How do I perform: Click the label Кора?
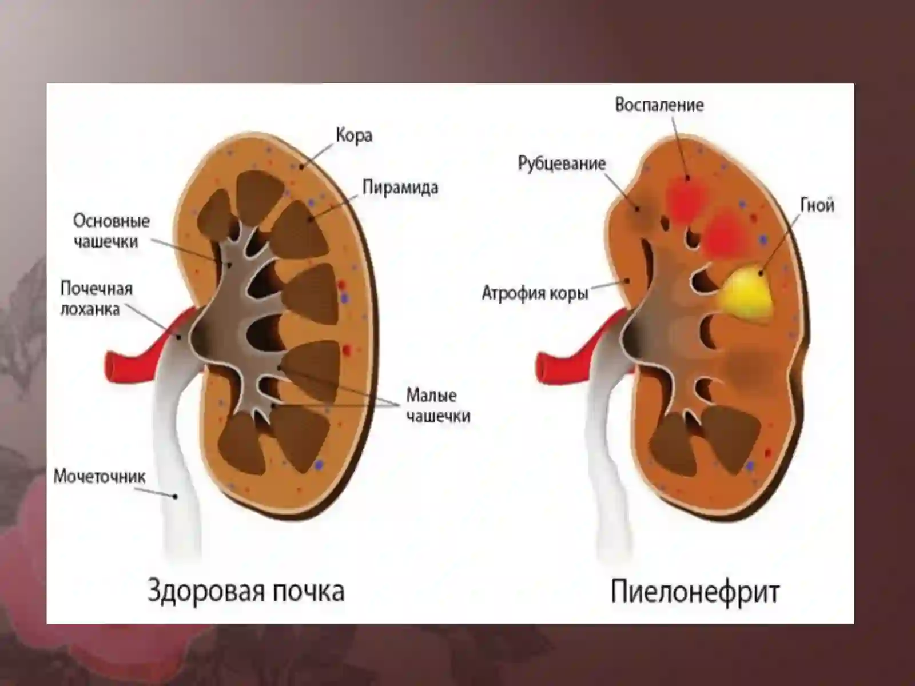[x=354, y=137]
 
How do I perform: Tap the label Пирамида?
[x=400, y=188]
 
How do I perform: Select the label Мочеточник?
[x=100, y=477]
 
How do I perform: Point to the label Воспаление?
[x=659, y=105]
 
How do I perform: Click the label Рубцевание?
[x=562, y=163]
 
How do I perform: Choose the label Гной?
[x=817, y=205]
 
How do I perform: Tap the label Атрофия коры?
[x=535, y=293]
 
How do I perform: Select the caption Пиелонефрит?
[x=695, y=592]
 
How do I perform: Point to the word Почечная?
[x=97, y=289]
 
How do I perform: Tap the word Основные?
[x=112, y=221]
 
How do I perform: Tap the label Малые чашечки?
[x=438, y=406]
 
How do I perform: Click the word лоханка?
[x=90, y=309]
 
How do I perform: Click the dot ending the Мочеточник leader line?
[x=175, y=496]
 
